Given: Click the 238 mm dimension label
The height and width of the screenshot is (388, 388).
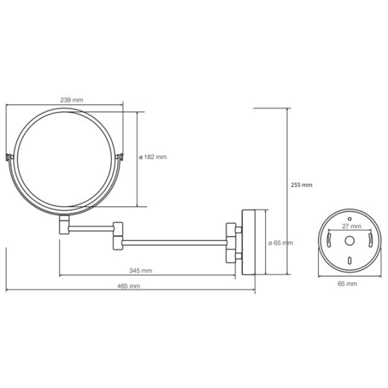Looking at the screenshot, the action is [x=72, y=100].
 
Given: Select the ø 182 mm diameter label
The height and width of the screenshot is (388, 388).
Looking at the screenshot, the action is [x=153, y=157].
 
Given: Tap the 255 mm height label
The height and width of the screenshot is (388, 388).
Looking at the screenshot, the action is [x=301, y=185].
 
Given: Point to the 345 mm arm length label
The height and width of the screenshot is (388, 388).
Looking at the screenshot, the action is [x=140, y=270].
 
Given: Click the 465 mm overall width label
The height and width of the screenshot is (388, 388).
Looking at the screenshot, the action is [x=129, y=286].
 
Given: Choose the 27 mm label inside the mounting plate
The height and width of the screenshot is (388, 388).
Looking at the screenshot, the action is [x=352, y=226].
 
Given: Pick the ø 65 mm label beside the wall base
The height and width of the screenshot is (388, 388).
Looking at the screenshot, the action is [x=281, y=242].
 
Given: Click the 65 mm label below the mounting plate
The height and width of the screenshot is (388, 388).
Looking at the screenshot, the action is [x=347, y=284].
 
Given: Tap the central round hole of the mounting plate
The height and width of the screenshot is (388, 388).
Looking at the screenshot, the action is [x=349, y=241].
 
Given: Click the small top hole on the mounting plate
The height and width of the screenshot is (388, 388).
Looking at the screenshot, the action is [x=349, y=219].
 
